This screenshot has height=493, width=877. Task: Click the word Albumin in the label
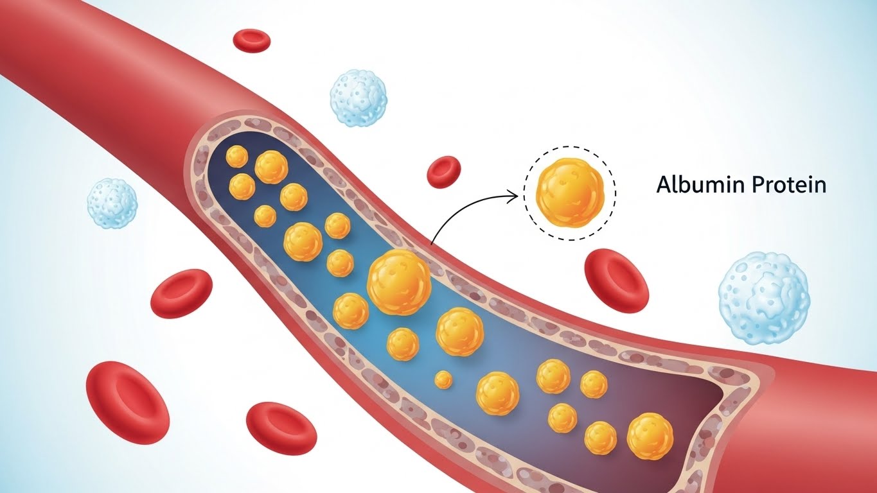click(696, 186)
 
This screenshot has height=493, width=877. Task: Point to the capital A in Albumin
click(663, 186)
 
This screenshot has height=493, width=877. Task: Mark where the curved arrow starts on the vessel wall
click(432, 244)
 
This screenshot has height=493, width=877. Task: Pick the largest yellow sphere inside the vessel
click(399, 282)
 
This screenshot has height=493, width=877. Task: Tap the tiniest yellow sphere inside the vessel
click(443, 379)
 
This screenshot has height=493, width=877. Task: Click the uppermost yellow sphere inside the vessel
click(237, 156)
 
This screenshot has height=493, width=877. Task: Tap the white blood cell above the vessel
click(359, 98)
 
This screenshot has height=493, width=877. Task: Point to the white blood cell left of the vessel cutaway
click(112, 203)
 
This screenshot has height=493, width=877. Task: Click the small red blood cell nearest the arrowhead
click(444, 171)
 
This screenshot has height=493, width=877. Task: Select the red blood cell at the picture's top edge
click(251, 39)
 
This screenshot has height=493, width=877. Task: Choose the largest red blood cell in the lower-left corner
click(127, 402)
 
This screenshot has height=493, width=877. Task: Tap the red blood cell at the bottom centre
click(281, 428)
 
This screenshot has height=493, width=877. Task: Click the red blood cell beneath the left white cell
click(181, 293)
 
